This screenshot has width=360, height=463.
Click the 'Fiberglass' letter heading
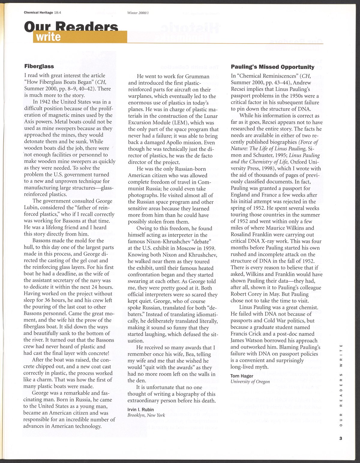pyautogui.click(x=39, y=66)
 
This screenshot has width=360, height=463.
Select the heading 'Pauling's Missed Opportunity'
pyautogui.click(x=272, y=67)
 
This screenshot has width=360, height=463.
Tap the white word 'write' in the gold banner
pyautogui.click(x=48, y=37)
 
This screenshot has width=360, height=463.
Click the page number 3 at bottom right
pyautogui.click(x=340, y=438)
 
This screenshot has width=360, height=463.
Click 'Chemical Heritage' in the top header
pyautogui.click(x=38, y=13)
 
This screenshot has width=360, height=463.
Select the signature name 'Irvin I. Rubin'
pyautogui.click(x=140, y=410)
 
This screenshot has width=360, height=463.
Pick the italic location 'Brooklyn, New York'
pyautogui.click(x=146, y=415)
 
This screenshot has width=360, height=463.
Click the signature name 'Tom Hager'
pyautogui.click(x=242, y=376)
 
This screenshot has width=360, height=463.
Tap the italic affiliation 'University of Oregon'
pyautogui.click(x=250, y=382)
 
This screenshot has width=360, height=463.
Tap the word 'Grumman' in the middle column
pyautogui.click(x=197, y=77)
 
